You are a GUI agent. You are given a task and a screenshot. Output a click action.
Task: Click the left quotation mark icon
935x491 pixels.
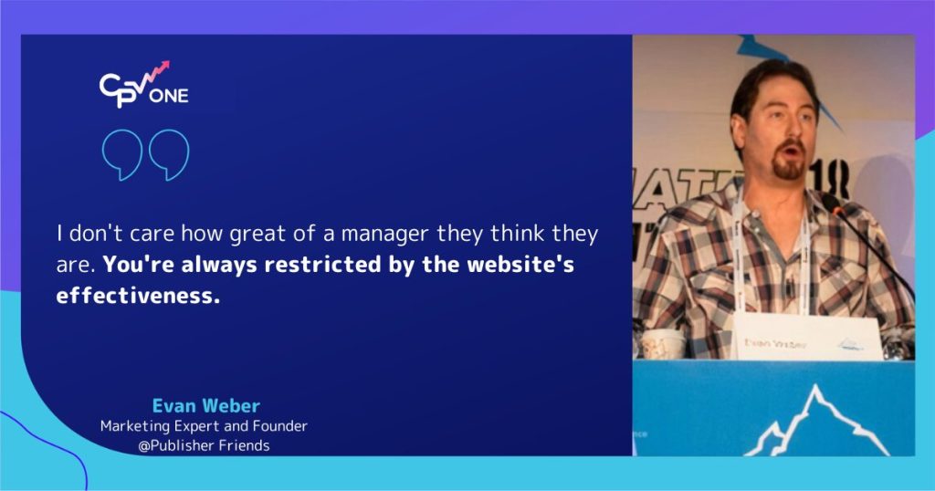pos(121,155)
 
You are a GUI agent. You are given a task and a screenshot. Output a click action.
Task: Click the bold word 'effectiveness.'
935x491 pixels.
pos(138,297)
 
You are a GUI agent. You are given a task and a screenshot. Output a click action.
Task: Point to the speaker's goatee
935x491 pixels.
pos(788,167)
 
